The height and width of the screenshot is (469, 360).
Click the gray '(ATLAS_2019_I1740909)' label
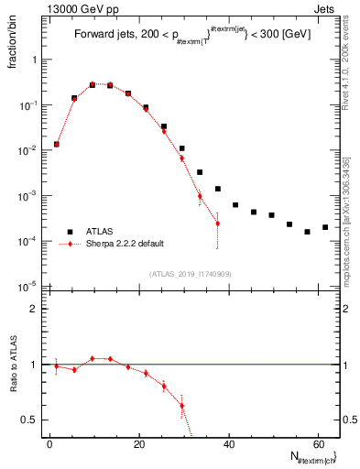coord(190,274)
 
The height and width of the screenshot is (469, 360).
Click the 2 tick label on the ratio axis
coord(35,309)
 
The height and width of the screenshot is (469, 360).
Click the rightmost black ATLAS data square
coord(325,227)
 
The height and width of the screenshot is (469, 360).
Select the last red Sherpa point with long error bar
coord(217,224)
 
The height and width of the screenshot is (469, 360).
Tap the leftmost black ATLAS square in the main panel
coord(56,144)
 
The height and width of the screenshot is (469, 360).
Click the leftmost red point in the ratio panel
coord(56,366)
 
